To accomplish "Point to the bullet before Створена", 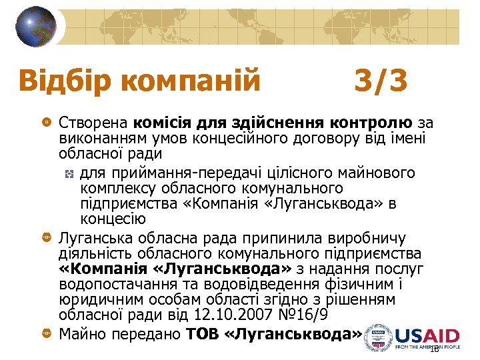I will tap(46, 123).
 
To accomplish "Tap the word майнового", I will tap(380, 174).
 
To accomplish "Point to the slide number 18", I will tap(434, 349).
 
